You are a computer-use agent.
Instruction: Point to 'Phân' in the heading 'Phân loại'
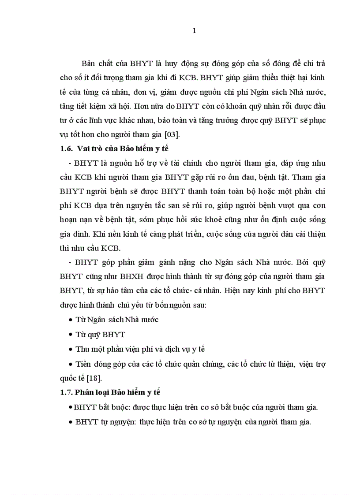pos(84,392)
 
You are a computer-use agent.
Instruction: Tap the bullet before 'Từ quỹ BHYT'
pos(71,335)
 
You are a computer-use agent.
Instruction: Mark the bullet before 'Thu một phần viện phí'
pos(71,349)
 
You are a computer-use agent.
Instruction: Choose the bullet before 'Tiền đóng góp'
pos(71,364)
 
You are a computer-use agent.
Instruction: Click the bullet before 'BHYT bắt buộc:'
pos(71,407)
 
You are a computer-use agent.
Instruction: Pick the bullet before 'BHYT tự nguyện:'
pos(71,422)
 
